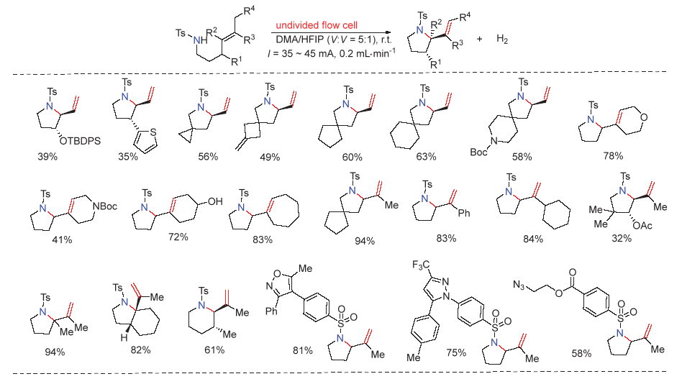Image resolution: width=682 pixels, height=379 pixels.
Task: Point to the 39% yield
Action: point(31,158)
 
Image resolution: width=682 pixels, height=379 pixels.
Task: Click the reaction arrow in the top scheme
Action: point(331,33)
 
